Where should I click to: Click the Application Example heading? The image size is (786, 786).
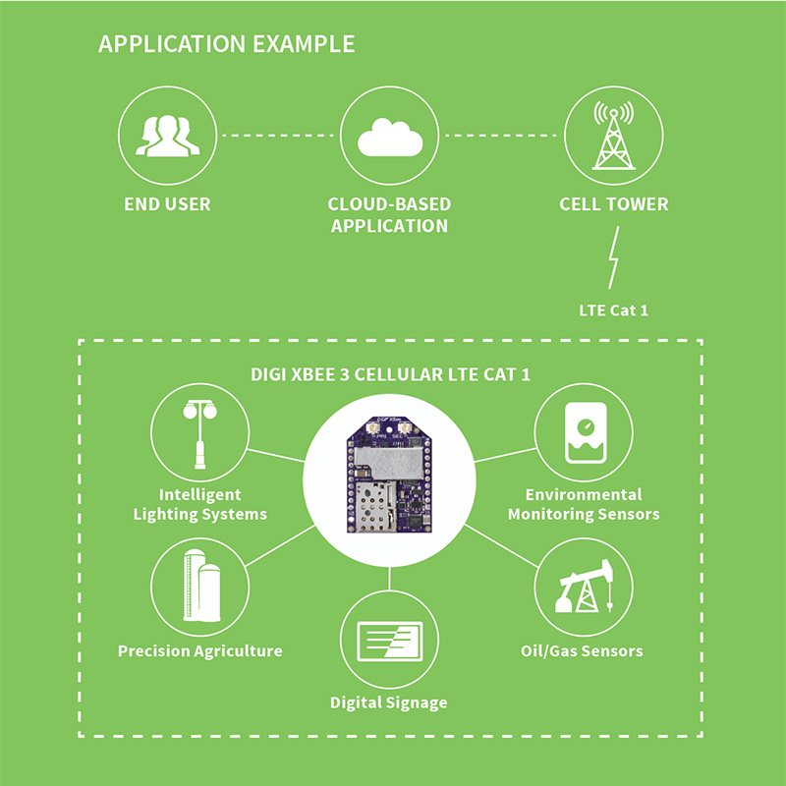coord(226,44)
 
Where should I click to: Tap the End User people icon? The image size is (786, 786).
coord(167,135)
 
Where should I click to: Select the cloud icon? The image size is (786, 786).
coord(389,138)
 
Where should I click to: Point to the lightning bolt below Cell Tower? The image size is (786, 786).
coord(614,257)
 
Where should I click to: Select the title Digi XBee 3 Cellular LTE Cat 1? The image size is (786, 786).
coord(390,375)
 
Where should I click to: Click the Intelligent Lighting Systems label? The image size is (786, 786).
coord(200,504)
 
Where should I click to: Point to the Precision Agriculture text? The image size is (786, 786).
coord(200,650)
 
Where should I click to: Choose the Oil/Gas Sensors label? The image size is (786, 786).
coord(582,650)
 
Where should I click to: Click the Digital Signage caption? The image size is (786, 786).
coord(389,702)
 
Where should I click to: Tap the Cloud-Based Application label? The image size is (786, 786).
coord(389,215)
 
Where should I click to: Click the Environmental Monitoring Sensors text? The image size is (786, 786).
coord(584,504)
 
